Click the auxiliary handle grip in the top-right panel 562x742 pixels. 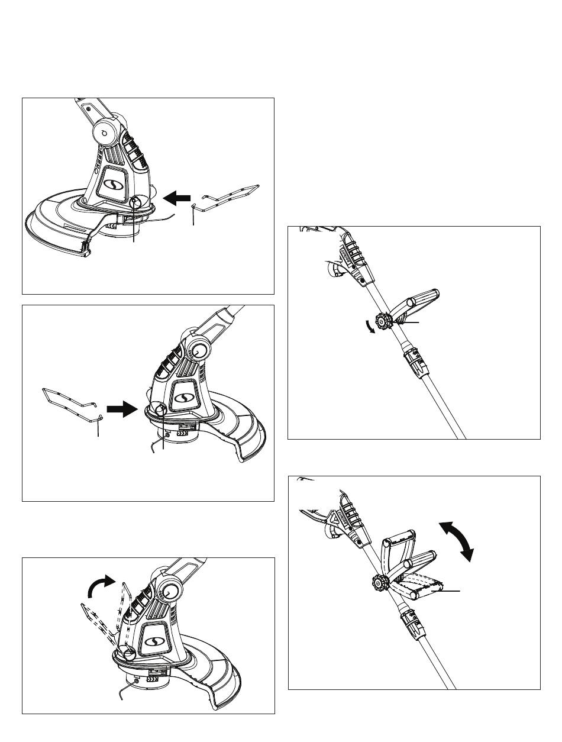point(422,302)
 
